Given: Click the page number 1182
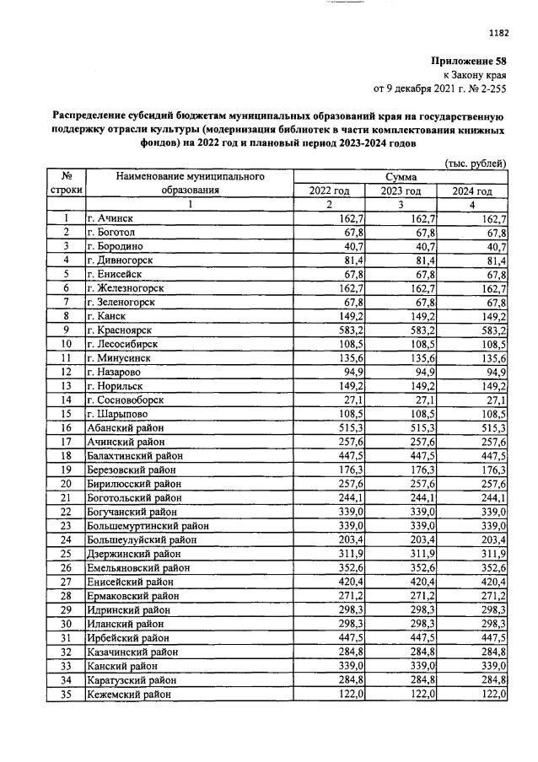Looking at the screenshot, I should [499, 33].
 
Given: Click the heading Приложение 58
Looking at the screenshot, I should [468, 62].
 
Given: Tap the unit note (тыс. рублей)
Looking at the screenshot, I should [476, 164].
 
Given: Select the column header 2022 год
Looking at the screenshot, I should [329, 190].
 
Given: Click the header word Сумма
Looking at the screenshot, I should [401, 177].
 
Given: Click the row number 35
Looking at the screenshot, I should [64, 693].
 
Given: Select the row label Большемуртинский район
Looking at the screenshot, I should [148, 525].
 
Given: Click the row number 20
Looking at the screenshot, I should [64, 484].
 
